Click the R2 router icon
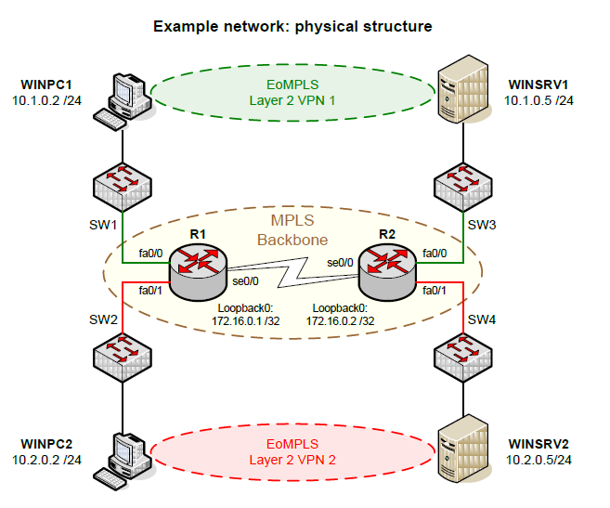[x=384, y=271]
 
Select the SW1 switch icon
[x=122, y=186]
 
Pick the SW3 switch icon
[x=463, y=186]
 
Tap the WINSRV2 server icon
[x=462, y=449]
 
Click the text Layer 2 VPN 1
[x=292, y=98]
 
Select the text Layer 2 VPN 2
[x=292, y=459]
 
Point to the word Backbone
[x=292, y=240]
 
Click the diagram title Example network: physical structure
[x=292, y=26]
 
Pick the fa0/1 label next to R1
[x=151, y=292]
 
